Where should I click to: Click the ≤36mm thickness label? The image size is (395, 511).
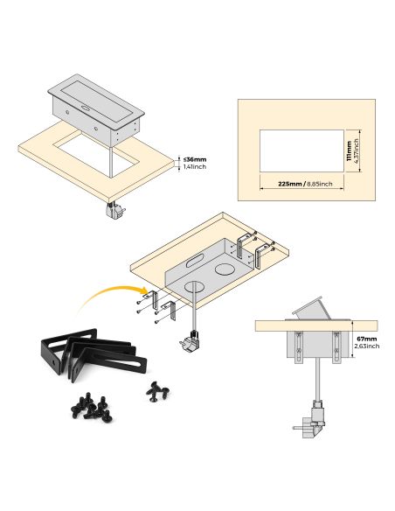[195, 159]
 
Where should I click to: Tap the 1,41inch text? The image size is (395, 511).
[195, 167]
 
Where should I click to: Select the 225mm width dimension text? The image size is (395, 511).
[289, 184]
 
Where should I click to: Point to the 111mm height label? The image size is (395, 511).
[349, 151]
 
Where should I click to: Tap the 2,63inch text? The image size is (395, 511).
[368, 346]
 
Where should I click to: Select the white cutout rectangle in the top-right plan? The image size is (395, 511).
[301, 150]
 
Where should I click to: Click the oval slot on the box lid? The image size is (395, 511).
[87, 108]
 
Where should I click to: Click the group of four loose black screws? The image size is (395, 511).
[158, 391]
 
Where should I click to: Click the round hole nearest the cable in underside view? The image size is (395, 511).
[193, 287]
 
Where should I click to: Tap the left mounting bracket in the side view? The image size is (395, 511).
[298, 347]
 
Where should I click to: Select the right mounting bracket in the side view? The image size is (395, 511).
[336, 347]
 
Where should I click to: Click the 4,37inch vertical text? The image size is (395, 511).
[356, 151]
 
